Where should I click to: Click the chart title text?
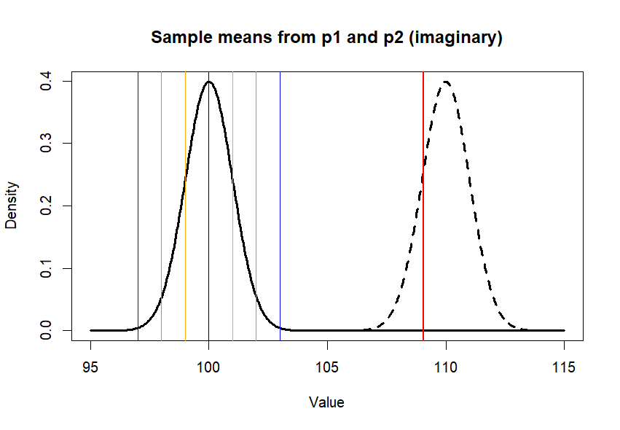[x=326, y=38]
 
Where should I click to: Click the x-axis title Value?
[x=326, y=402]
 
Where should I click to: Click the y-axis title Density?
[x=12, y=206]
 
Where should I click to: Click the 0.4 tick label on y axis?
[x=45, y=81]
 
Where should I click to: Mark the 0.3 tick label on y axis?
[x=45, y=144]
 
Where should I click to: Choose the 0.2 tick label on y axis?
[x=45, y=206]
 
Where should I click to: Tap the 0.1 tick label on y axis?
[x=45, y=268]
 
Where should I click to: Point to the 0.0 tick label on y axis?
[x=45, y=331]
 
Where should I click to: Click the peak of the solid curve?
[x=209, y=82]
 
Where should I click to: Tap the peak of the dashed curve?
[x=446, y=82]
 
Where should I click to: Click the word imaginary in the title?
[x=463, y=38]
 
